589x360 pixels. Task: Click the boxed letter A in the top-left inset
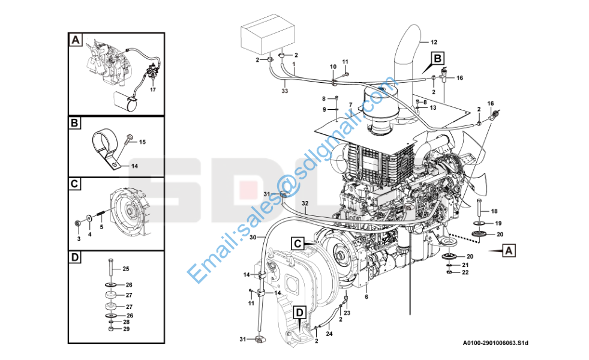[x=75, y=40]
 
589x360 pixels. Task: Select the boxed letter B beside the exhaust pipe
[x=437, y=58]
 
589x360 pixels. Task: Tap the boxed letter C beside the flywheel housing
[x=297, y=243]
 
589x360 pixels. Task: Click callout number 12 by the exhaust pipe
[x=434, y=42]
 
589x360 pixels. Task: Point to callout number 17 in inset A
[x=152, y=90]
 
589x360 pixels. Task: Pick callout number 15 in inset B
[x=142, y=142]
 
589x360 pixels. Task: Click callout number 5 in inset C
[x=101, y=227]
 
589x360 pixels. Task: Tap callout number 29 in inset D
[x=126, y=329]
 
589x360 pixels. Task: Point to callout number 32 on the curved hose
[x=305, y=203]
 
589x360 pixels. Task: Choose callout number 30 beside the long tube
[x=253, y=238]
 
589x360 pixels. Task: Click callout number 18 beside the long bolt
[x=494, y=211]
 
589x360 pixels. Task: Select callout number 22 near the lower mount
[x=465, y=272]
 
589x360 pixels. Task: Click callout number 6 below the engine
[x=366, y=297]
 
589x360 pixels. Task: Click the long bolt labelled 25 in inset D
[x=111, y=269]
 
